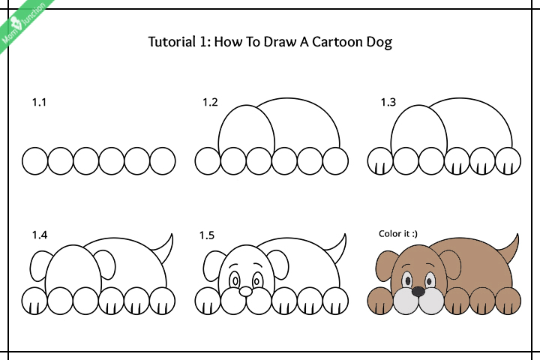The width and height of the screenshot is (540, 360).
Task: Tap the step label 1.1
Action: coord(39,103)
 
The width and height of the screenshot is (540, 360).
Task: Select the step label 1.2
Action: coord(209,103)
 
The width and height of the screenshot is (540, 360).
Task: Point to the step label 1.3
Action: coord(387,103)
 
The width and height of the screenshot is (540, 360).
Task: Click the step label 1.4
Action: coord(39,235)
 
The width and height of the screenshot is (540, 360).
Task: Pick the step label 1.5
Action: coord(207,235)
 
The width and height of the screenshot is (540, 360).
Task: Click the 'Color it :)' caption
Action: coord(397,234)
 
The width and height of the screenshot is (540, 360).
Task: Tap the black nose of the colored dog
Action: coord(418,289)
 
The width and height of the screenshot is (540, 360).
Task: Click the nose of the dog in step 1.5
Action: coord(245,290)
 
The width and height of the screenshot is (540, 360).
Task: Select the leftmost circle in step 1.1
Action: coord(35,160)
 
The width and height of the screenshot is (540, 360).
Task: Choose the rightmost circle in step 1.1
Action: coord(163,160)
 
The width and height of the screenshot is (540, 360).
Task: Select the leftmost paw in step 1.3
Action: coord(381,160)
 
